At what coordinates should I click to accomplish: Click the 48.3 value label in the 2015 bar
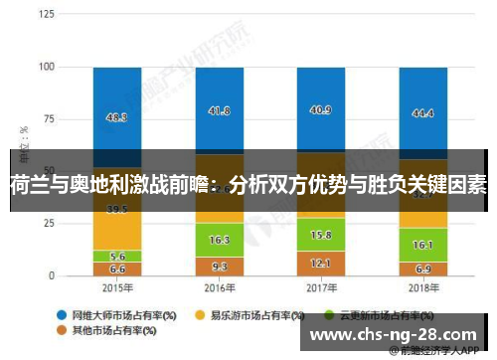117,117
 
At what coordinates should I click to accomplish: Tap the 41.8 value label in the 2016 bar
221,111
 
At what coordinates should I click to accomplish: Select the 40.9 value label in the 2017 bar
321,110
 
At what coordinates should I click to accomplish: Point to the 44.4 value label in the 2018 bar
422,113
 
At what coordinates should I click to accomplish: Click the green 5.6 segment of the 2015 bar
117,256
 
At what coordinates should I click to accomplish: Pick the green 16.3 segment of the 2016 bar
221,240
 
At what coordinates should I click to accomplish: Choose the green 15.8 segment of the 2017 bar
321,235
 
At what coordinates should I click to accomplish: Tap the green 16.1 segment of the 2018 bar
422,244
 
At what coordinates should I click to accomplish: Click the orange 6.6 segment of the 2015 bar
117,269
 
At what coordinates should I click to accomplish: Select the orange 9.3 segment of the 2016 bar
221,266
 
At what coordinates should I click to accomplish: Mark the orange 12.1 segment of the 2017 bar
321,263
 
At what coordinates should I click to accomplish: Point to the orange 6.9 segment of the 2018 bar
422,269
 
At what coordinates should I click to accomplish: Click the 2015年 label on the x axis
117,288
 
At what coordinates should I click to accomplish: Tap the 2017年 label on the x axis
321,288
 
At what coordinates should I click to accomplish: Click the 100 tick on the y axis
47,68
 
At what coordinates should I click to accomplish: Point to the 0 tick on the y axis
53,275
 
